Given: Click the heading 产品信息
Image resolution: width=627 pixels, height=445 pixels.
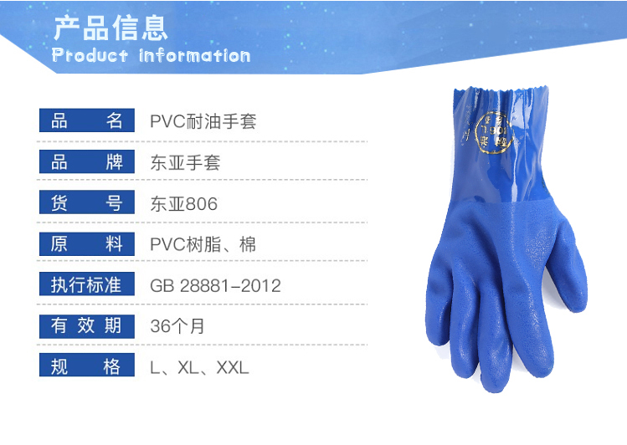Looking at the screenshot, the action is click(110, 28).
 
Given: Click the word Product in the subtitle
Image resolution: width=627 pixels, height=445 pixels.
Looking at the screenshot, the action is click(90, 55).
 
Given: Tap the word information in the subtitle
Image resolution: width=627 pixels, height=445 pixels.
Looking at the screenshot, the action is click(195, 55).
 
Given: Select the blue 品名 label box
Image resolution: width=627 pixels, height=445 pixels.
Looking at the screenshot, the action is click(87, 120).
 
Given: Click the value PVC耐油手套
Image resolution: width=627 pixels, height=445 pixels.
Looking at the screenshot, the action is click(203, 121).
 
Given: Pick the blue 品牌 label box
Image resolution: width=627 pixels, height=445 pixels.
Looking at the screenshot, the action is click(87, 161).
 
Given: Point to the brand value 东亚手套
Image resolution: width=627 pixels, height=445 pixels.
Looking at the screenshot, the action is click(185, 162).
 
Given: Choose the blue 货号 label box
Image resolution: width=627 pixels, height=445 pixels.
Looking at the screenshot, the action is click(87, 202).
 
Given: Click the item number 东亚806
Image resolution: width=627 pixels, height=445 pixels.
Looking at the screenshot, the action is click(184, 204).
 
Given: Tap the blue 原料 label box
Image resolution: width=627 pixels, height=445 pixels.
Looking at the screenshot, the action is click(87, 243).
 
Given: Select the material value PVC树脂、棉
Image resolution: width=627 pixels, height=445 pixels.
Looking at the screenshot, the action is click(203, 244).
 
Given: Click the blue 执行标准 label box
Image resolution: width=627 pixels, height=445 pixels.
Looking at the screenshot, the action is click(87, 284).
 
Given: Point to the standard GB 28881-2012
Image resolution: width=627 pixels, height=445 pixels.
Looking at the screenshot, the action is click(215, 285).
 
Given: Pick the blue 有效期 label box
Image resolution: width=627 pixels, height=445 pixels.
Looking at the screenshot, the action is click(87, 325).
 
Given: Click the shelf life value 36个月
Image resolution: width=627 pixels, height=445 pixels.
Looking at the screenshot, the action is click(177, 326).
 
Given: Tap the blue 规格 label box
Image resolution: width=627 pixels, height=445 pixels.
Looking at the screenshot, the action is click(87, 365).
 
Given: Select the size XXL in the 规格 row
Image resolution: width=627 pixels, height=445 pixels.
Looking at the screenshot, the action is click(233, 367).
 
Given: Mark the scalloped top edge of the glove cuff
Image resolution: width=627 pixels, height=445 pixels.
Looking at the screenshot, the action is click(501, 90).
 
